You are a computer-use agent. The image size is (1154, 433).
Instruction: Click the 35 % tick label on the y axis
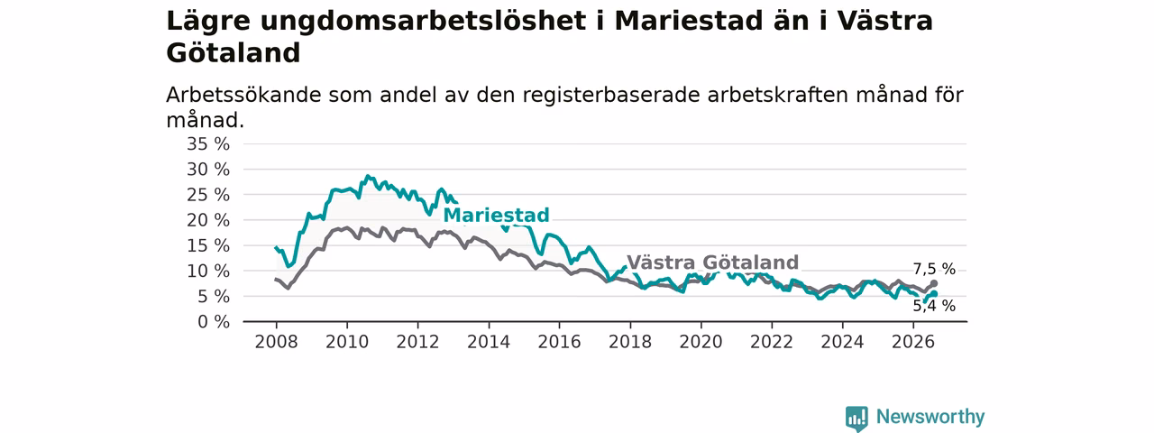pyautogui.click(x=208, y=144)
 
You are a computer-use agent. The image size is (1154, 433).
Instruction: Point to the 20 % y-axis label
pyautogui.click(x=208, y=221)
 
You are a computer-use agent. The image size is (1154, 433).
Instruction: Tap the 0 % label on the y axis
pyautogui.click(x=214, y=322)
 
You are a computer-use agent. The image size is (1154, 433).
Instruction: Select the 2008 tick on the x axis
pyautogui.click(x=276, y=342)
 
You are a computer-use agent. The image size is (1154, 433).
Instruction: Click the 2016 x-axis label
pyautogui.click(x=560, y=342)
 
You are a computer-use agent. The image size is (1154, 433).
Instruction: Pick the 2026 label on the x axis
pyautogui.click(x=913, y=342)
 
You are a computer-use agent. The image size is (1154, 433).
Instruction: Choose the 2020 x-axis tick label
pyautogui.click(x=701, y=342)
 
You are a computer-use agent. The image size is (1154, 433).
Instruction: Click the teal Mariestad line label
pyautogui.click(x=496, y=215)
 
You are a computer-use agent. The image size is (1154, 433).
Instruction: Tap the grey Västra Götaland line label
pyautogui.click(x=712, y=263)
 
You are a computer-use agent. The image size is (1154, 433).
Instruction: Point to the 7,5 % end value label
pyautogui.click(x=934, y=269)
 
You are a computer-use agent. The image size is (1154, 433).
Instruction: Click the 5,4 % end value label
pyautogui.click(x=934, y=306)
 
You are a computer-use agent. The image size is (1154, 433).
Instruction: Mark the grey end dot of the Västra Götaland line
pyautogui.click(x=934, y=283)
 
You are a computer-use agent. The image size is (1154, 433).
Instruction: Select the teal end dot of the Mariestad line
pyautogui.click(x=934, y=294)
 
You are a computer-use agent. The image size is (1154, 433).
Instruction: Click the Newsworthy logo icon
pyautogui.click(x=856, y=418)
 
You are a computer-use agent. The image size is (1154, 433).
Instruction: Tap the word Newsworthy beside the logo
pyautogui.click(x=930, y=417)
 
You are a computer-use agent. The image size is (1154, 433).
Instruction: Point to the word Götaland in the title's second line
pyautogui.click(x=234, y=53)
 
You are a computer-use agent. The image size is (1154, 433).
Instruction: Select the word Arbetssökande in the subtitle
pyautogui.click(x=243, y=96)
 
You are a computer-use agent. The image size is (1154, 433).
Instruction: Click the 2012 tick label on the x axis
pyautogui.click(x=417, y=342)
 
